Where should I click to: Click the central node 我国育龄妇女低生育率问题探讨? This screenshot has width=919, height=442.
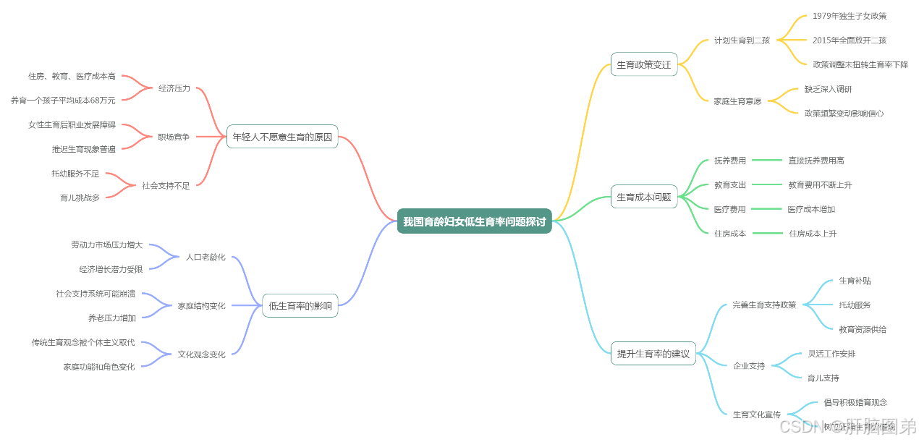tap(474, 221)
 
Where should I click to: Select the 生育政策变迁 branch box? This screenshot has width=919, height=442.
tap(643, 64)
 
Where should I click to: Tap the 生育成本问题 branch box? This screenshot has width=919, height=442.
tap(643, 197)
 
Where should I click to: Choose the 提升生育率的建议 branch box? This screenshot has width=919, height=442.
tap(653, 354)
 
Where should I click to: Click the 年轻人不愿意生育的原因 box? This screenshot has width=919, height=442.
tap(282, 136)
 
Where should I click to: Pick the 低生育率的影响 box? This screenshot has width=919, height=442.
tap(300, 306)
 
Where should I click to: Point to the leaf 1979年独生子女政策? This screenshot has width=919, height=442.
tap(849, 16)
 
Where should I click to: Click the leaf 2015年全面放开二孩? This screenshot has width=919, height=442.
tap(849, 41)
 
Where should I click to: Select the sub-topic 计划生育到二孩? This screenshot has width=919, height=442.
tap(742, 41)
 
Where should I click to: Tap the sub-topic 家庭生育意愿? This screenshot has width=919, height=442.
tap(737, 101)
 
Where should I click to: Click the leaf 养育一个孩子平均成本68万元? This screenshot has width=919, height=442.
tap(63, 101)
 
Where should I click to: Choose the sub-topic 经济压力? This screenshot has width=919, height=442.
tap(174, 88)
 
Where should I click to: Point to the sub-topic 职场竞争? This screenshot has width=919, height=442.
tap(174, 137)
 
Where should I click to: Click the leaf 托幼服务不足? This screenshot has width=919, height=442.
tap(75, 174)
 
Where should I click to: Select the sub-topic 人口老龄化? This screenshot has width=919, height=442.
tap(206, 257)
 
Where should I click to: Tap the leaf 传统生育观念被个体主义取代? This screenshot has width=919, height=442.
tap(83, 342)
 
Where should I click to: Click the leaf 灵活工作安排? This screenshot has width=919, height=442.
tap(831, 354)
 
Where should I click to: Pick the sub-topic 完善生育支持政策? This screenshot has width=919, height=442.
tap(763, 305)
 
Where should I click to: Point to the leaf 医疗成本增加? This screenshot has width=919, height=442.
tap(811, 209)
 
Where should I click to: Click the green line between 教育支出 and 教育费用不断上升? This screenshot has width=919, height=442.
tap(766, 185)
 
